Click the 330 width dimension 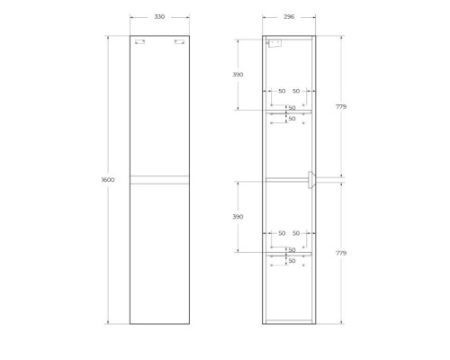point(159,17)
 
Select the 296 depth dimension point(289,17)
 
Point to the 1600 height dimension point(108,180)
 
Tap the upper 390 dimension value point(238,75)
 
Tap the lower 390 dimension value point(238,217)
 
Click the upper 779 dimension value point(341,107)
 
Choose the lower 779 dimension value point(341,254)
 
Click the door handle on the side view point(311,180)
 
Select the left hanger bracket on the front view point(139,41)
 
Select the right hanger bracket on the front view point(179,41)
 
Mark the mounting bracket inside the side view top point(275,42)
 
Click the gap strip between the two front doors point(159,180)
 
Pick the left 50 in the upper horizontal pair point(282,91)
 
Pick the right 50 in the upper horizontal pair point(296,91)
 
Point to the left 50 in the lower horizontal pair point(282,234)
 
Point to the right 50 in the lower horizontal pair point(296,234)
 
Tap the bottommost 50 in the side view point(292,261)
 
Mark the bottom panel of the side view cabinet point(289,321)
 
